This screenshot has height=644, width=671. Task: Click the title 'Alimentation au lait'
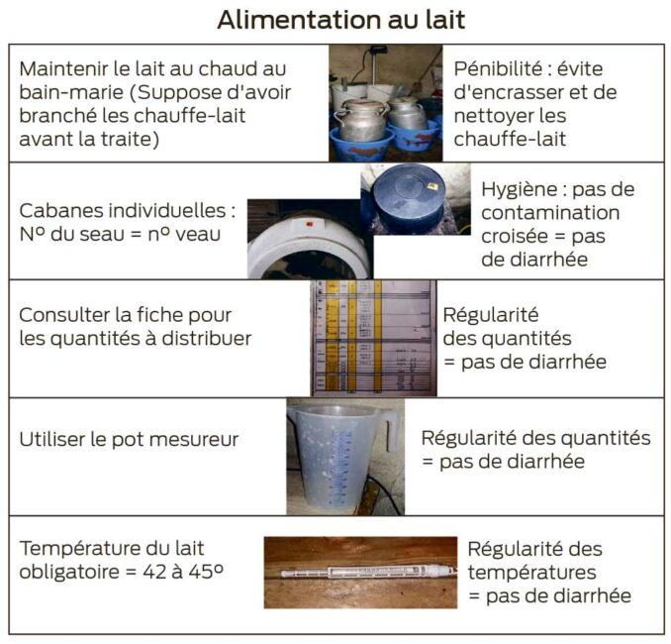pos(340,19)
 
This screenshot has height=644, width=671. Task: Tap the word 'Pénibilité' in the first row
pos(500,69)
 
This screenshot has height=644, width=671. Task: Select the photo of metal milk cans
pos(386,104)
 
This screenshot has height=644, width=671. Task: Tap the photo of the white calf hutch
pos(307,242)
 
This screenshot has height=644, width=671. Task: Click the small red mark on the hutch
pos(310,225)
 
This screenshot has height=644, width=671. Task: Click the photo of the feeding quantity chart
pos(371,338)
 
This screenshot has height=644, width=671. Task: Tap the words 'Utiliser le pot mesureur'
pos(129,439)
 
